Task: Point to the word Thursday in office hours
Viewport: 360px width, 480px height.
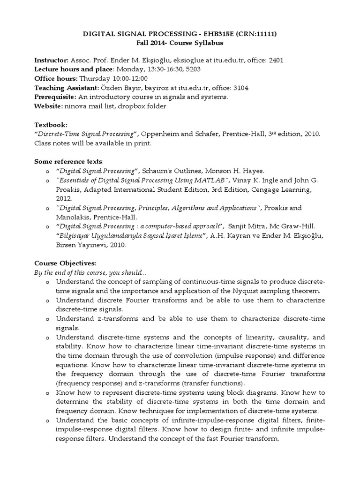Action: (x=95, y=78)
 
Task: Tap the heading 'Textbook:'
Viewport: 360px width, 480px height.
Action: (x=51, y=125)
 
